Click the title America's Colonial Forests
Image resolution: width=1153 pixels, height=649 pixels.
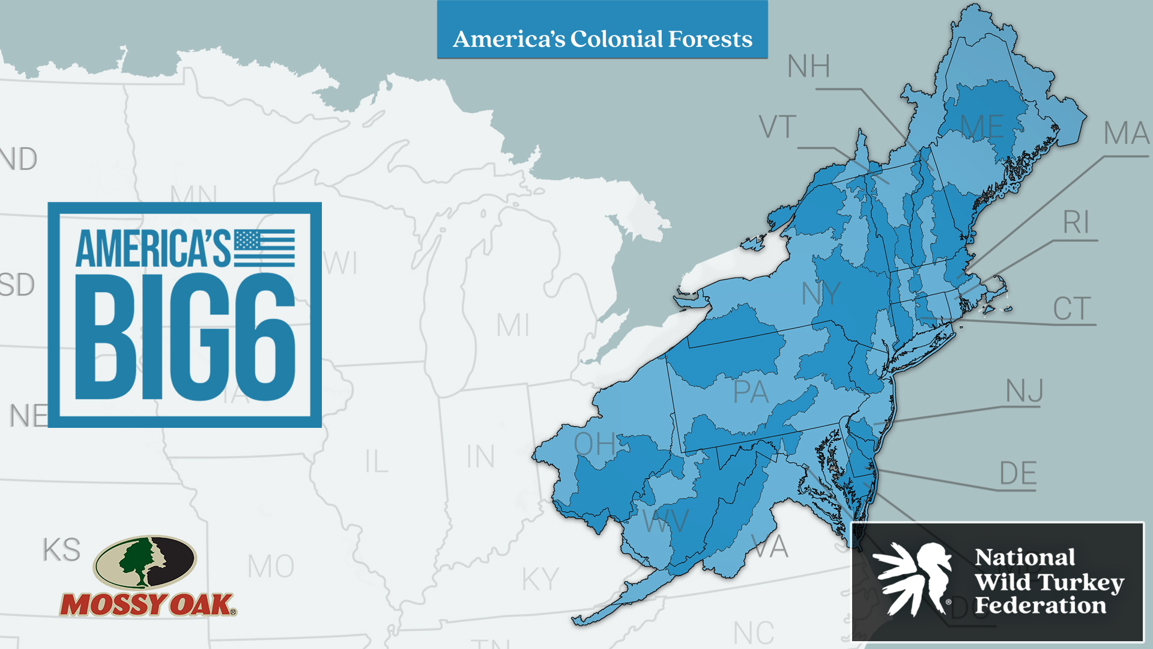pyautogui.click(x=602, y=39)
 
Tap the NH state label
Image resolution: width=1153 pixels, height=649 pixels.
pyautogui.click(x=808, y=66)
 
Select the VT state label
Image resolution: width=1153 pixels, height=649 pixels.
pyautogui.click(x=777, y=127)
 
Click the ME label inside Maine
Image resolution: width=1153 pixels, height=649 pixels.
pyautogui.click(x=981, y=127)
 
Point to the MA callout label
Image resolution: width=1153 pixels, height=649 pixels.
pyautogui.click(x=1126, y=133)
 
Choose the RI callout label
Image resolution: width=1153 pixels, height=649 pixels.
pyautogui.click(x=1076, y=223)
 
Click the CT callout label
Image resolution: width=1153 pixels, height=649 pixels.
pyautogui.click(x=1072, y=309)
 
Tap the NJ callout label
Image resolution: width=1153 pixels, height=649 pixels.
pyautogui.click(x=1024, y=391)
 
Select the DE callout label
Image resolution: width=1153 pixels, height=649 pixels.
pyautogui.click(x=1018, y=474)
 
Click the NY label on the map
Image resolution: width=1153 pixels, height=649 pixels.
pyautogui.click(x=821, y=294)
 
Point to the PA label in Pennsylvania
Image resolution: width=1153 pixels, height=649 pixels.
pyautogui.click(x=751, y=392)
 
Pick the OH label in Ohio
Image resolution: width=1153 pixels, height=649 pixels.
pyautogui.click(x=595, y=444)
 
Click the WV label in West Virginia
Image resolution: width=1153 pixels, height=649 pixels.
pyautogui.click(x=665, y=520)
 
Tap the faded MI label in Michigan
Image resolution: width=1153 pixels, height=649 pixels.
pyautogui.click(x=512, y=326)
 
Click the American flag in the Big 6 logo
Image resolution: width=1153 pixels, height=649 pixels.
pyautogui.click(x=264, y=248)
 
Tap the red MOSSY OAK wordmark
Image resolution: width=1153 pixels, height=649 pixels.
pyautogui.click(x=147, y=605)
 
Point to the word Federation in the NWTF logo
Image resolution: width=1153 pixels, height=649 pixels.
pyautogui.click(x=1040, y=606)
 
